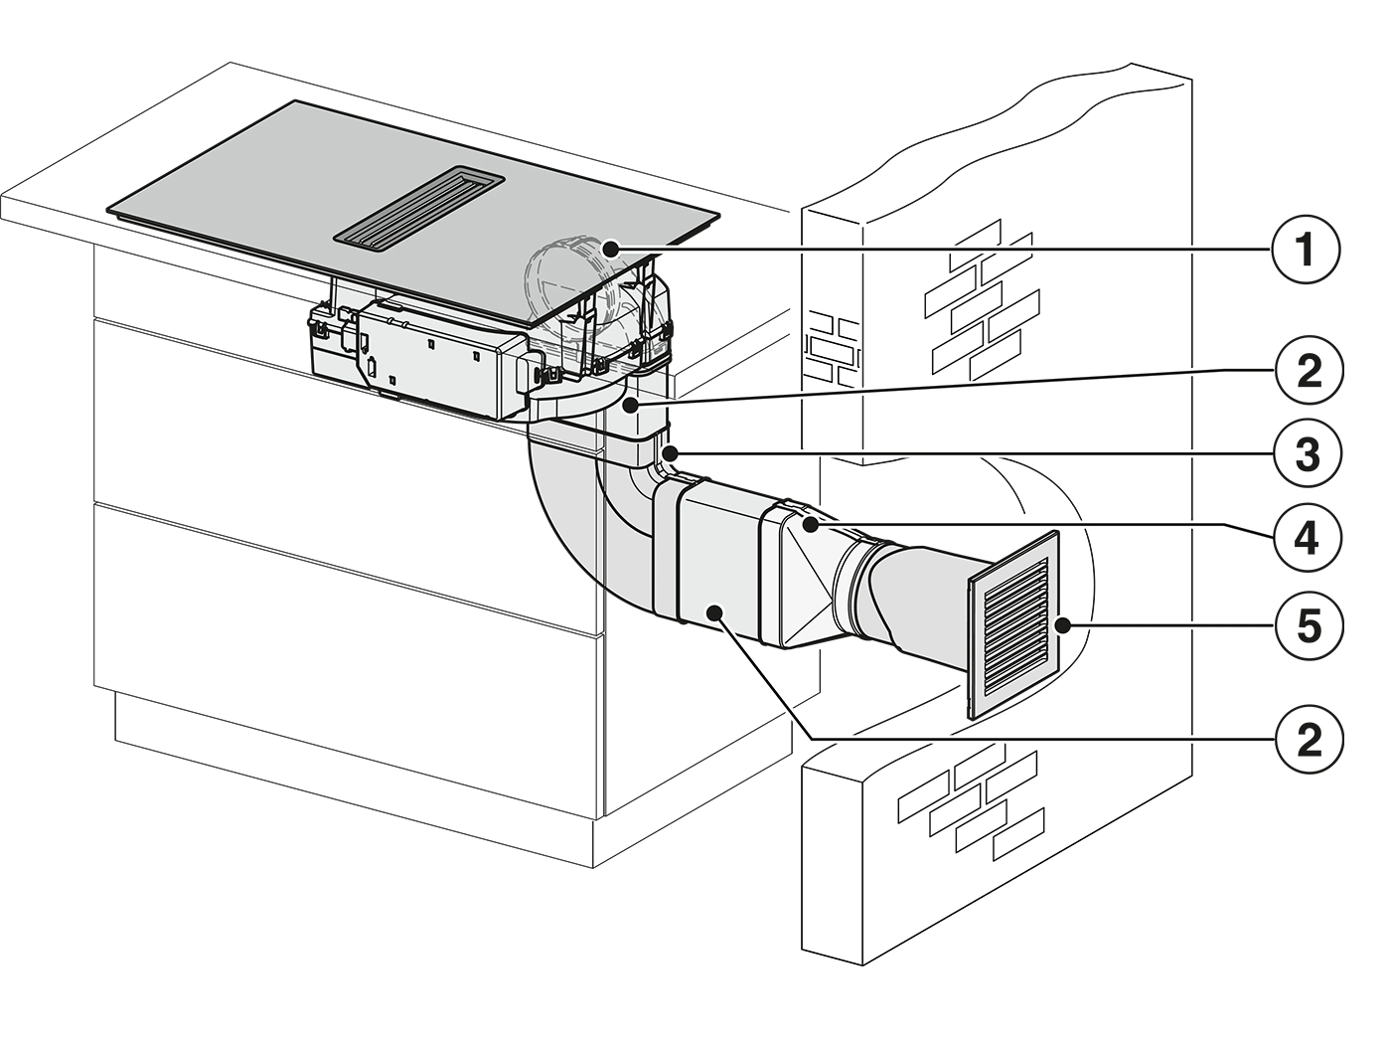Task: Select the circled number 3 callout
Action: click(x=1308, y=453)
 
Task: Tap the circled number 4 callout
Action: click(x=1308, y=538)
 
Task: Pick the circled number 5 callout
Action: click(x=1308, y=626)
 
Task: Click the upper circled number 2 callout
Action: click(x=1308, y=370)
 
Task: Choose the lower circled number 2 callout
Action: click(x=1308, y=739)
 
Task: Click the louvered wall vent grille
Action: click(x=1013, y=624)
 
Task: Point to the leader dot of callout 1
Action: click(x=610, y=250)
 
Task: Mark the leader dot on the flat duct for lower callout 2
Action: click(x=714, y=611)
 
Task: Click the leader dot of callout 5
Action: click(x=1063, y=626)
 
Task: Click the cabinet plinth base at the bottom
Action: click(x=355, y=777)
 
